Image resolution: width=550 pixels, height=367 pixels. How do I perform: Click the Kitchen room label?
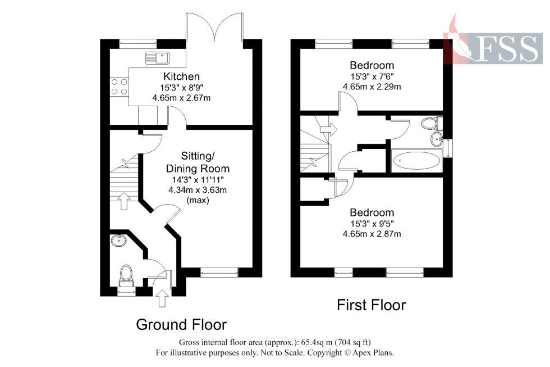pyautogui.click(x=181, y=76)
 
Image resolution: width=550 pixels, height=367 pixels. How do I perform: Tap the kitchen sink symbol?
pyautogui.click(x=157, y=56)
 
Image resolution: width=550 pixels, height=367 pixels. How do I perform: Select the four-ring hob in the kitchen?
pyautogui.click(x=119, y=86)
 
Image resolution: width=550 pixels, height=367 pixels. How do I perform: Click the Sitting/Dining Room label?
pyautogui.click(x=197, y=161)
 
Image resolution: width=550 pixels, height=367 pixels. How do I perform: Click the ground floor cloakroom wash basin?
pyautogui.click(x=119, y=241)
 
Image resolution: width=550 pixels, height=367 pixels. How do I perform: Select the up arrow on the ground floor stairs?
pyautogui.click(x=125, y=198)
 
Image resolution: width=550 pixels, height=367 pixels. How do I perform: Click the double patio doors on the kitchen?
pyautogui.click(x=216, y=28)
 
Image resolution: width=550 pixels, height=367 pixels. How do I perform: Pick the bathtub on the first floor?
pyautogui.click(x=416, y=161)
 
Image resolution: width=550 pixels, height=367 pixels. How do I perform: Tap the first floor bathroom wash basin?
pyautogui.click(x=437, y=139)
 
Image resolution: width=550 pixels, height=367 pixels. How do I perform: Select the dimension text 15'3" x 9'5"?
pyautogui.click(x=372, y=224)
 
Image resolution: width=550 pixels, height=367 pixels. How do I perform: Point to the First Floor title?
pyautogui.click(x=371, y=305)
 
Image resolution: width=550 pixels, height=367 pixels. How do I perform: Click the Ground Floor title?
pyautogui.click(x=181, y=324)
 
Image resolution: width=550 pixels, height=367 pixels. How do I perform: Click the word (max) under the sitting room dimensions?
pyautogui.click(x=197, y=200)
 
